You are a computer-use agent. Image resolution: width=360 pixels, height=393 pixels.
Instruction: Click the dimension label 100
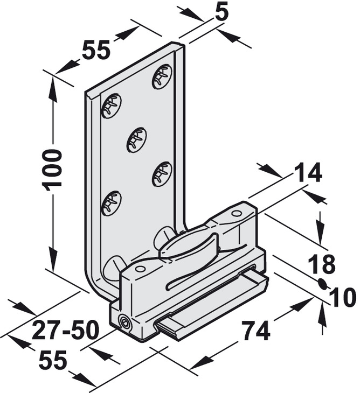(52, 170)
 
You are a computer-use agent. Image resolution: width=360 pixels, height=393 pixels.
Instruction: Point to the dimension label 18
(322, 264)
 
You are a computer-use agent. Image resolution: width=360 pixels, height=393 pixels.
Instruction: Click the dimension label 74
(255, 331)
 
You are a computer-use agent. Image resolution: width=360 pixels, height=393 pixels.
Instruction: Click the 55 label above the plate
(96, 50)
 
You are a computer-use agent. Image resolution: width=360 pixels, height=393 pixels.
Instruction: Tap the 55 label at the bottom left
(53, 360)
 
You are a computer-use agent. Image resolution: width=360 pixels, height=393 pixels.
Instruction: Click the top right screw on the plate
(162, 76)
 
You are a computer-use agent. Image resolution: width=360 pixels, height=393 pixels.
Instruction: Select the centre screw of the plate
(137, 140)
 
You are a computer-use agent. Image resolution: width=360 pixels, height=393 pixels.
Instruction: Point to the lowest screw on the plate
(112, 202)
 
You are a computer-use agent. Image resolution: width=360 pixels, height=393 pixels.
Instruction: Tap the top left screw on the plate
(112, 106)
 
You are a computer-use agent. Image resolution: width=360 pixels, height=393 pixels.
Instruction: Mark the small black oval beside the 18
(323, 284)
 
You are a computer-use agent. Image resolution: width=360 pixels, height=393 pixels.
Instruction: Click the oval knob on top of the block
(189, 247)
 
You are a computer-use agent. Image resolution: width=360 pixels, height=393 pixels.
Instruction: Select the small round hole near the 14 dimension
(236, 214)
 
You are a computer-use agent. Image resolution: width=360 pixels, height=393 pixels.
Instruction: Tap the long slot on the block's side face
(210, 277)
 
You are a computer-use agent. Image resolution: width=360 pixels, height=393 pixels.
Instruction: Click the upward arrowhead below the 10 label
(322, 311)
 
